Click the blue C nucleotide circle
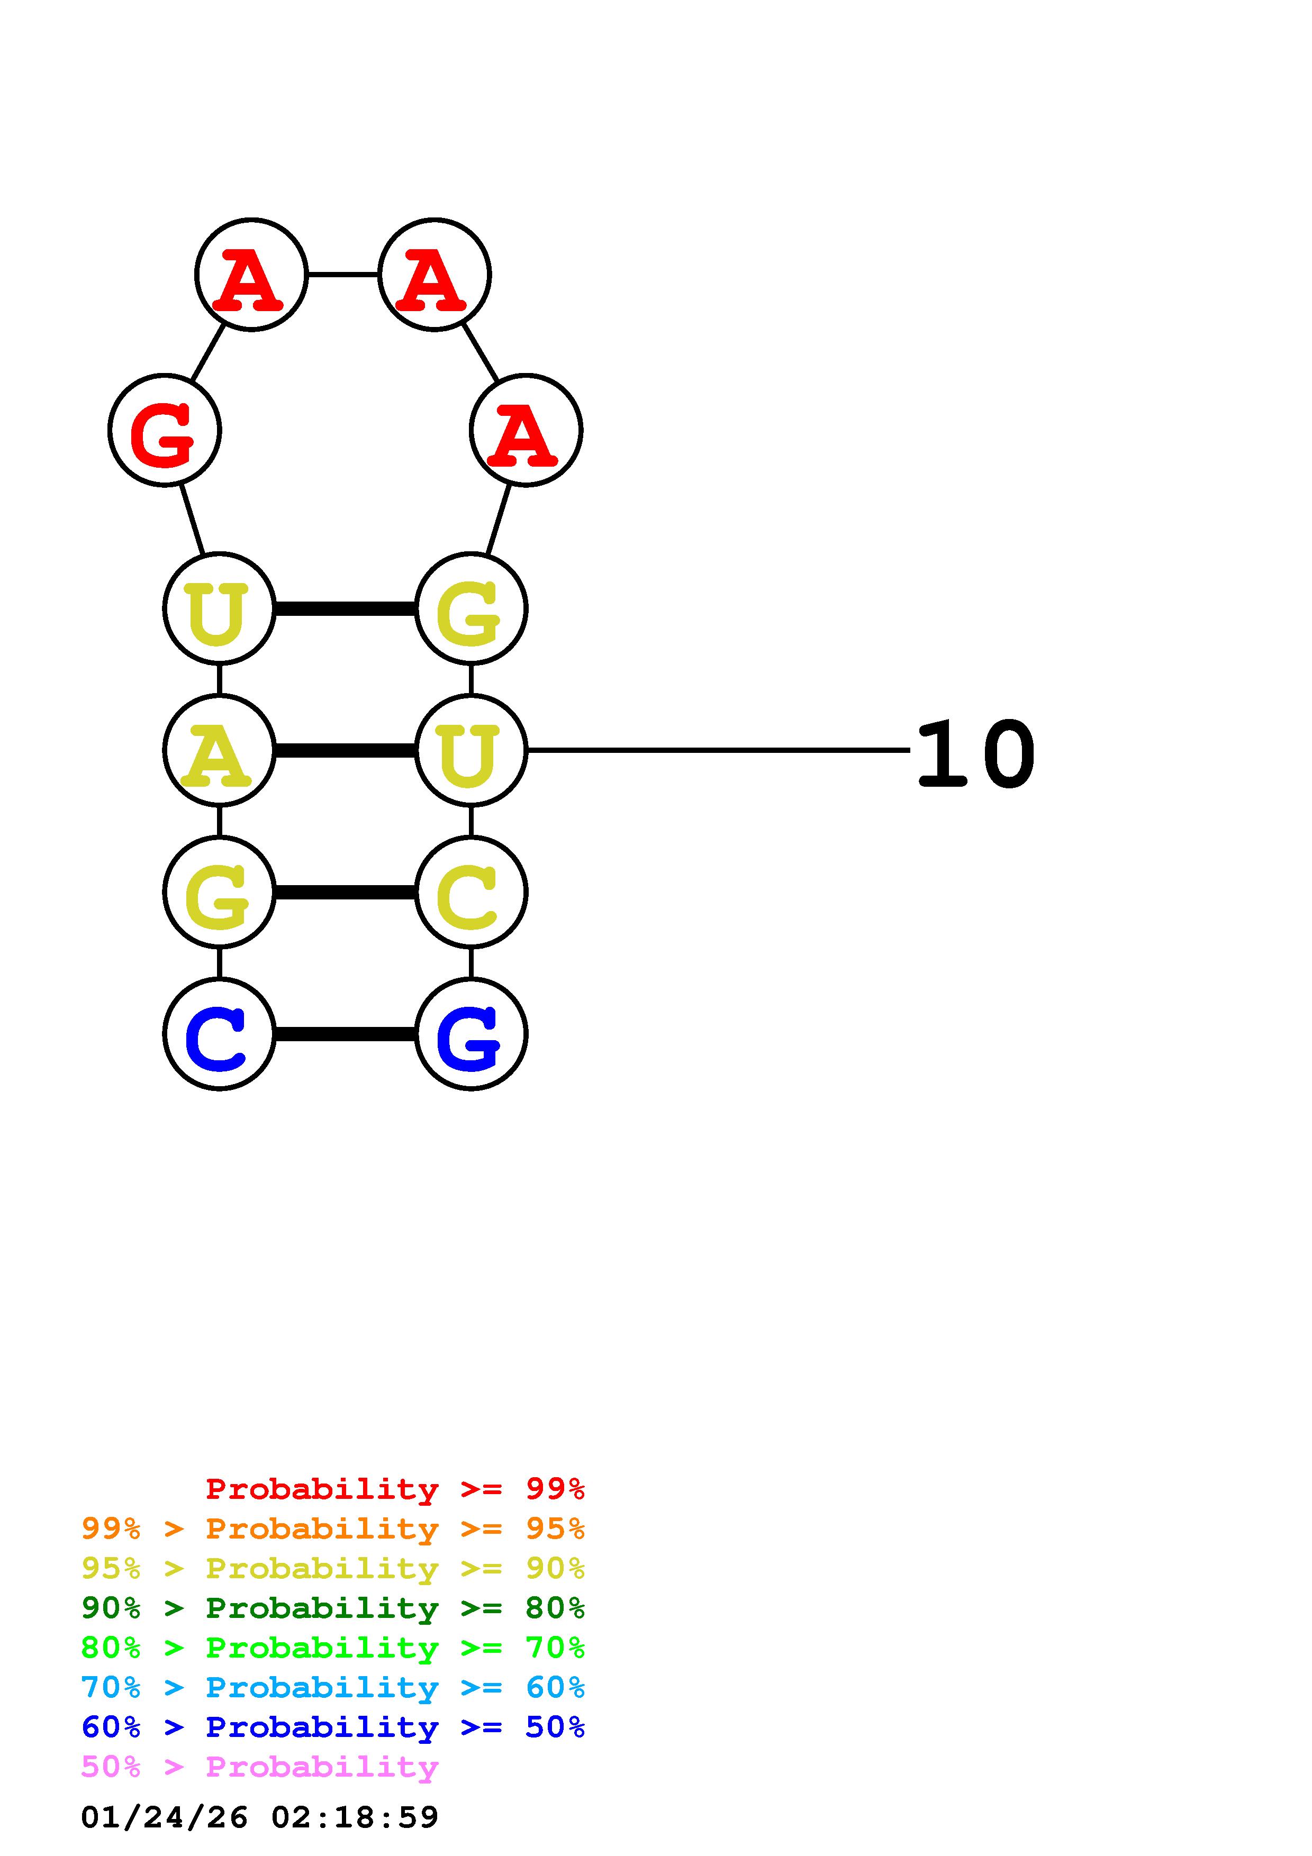219,1034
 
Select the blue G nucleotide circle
471,1034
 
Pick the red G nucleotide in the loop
165,430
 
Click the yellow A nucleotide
219,750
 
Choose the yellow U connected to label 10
471,750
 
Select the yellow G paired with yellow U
471,608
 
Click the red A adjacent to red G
251,275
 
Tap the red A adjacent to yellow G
526,430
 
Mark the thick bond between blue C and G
345,1034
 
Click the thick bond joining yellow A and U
345,751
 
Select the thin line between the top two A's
343,275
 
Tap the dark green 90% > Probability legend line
333,1608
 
